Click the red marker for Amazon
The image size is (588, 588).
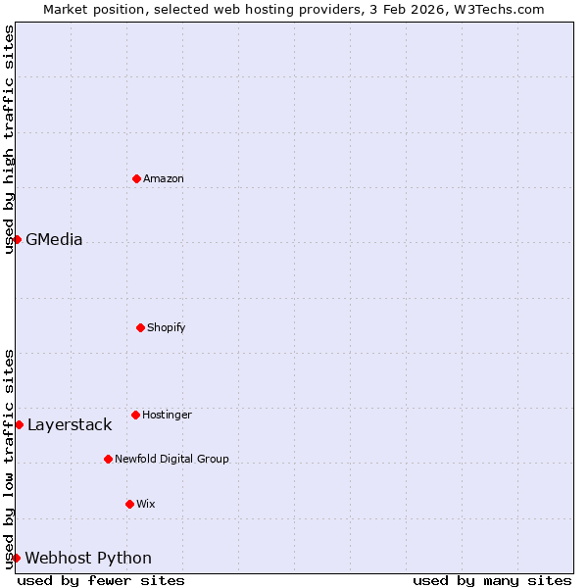[x=136, y=178]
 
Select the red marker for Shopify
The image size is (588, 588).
[x=140, y=327]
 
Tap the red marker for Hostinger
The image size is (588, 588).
[x=135, y=415]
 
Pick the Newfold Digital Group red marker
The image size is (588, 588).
[x=108, y=459]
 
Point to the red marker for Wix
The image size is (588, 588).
[x=129, y=504]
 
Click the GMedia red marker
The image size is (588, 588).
[x=17, y=239]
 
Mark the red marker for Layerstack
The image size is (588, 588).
[x=19, y=424]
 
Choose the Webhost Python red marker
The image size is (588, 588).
[x=16, y=558]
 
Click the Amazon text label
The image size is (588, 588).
[x=164, y=178]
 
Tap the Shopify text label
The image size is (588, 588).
[x=167, y=327]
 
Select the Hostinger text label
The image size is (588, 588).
[x=167, y=415]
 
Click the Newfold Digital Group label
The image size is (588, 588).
[x=171, y=459]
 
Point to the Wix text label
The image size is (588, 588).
[x=146, y=504]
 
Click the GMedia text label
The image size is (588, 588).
[x=54, y=239]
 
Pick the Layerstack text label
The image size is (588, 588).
[x=70, y=424]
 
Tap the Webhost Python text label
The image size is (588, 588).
[x=88, y=558]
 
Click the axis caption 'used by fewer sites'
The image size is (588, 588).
[x=101, y=580]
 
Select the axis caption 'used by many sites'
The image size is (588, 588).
[x=492, y=580]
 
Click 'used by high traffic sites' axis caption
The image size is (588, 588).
[x=9, y=139]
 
